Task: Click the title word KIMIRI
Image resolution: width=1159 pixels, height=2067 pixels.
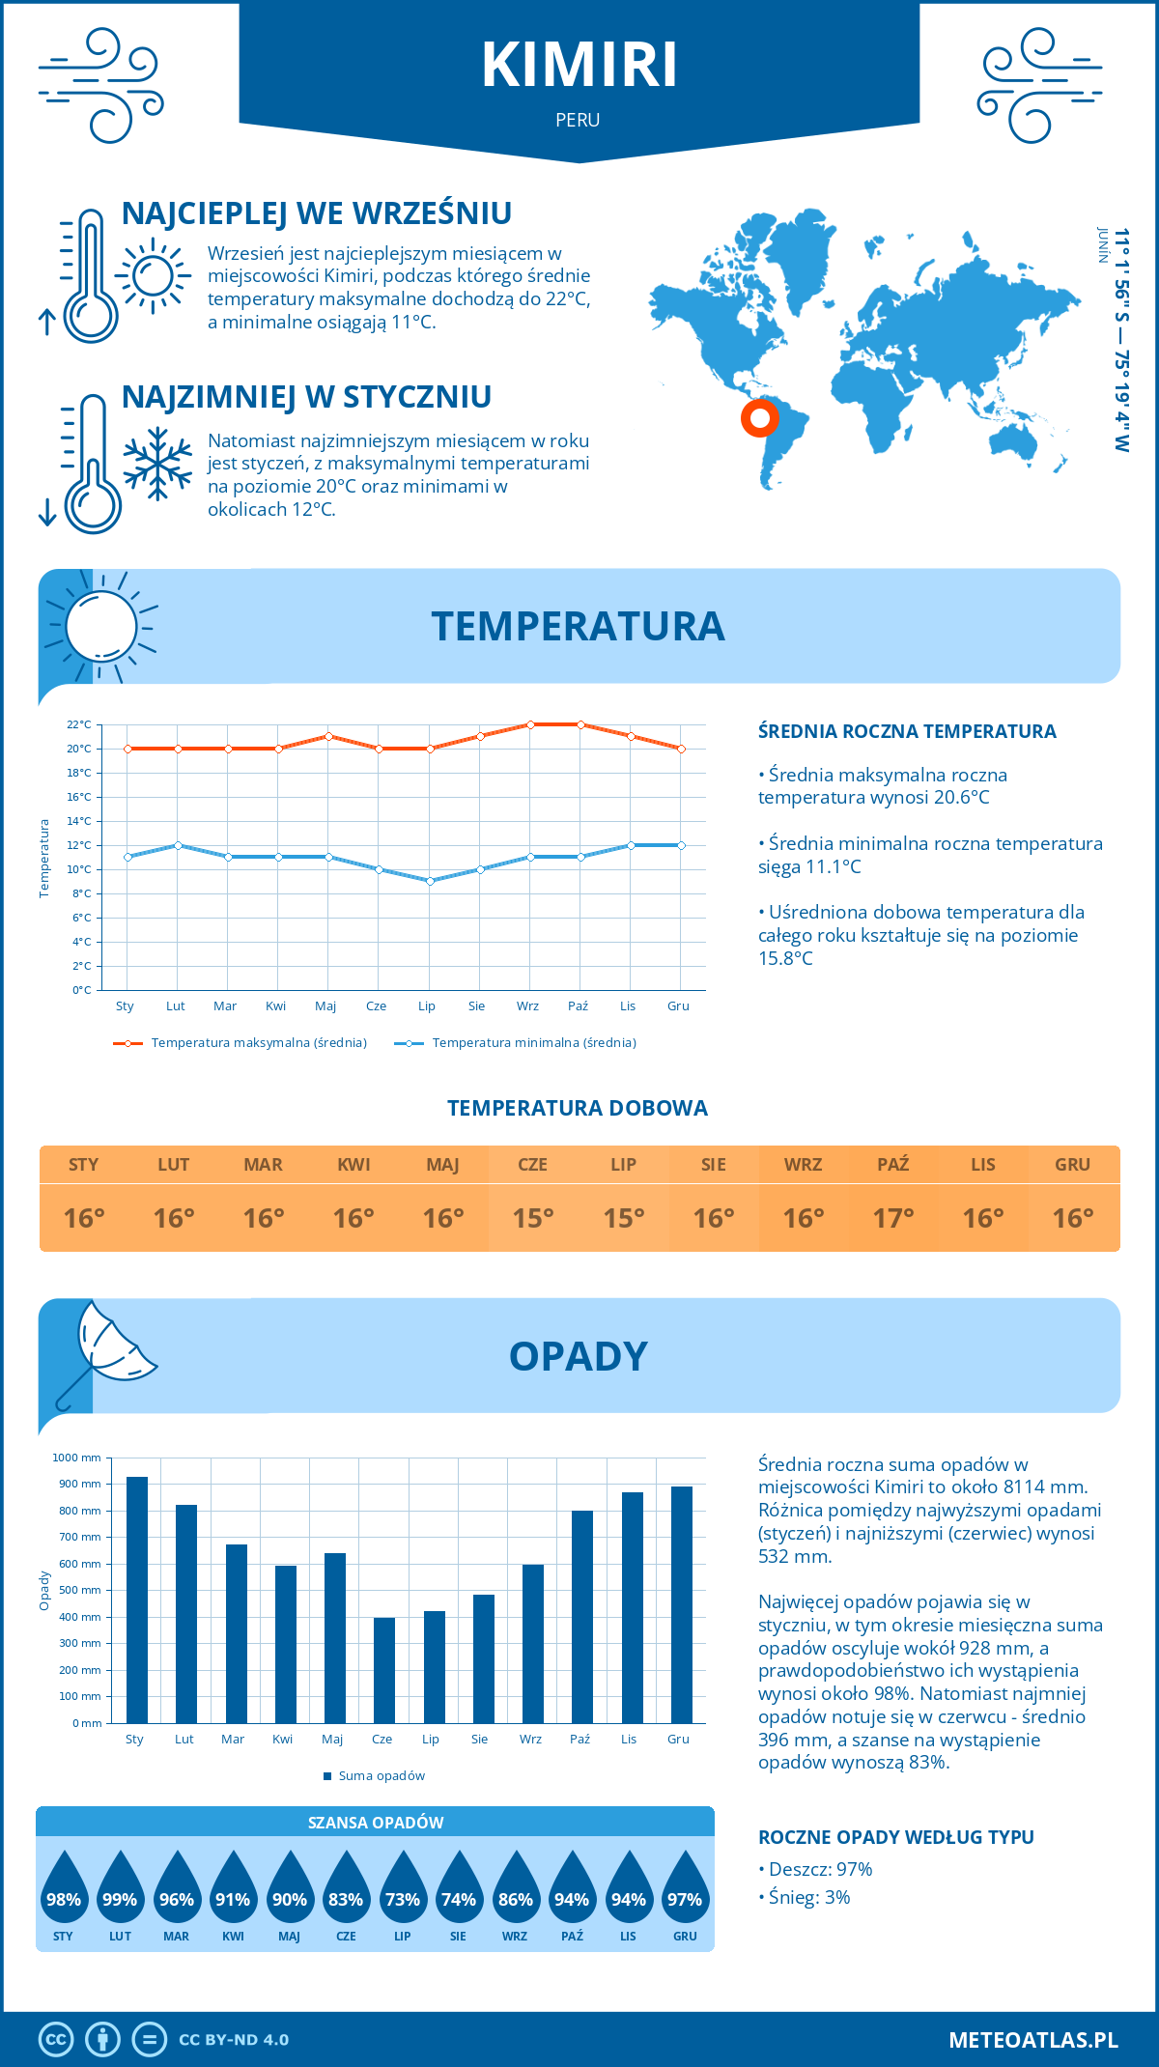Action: pos(579,66)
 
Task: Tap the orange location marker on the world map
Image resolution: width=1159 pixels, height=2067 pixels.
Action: pos(760,418)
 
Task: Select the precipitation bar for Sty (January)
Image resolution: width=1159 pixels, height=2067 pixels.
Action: pos(137,1600)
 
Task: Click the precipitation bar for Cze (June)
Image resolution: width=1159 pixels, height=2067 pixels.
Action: pos(384,1670)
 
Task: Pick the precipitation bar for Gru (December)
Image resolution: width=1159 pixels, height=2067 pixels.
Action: pos(681,1604)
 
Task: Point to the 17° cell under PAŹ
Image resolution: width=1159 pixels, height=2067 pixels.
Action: pos(893,1218)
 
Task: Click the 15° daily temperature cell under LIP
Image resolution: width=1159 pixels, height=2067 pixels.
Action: pos(623,1218)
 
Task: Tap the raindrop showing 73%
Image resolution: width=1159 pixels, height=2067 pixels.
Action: pos(402,1898)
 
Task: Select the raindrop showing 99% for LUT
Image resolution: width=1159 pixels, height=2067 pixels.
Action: pos(120,1898)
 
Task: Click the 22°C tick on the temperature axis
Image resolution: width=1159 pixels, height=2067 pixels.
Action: pos(79,724)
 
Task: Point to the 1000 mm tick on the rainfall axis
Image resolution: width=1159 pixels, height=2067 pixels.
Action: pos(77,1458)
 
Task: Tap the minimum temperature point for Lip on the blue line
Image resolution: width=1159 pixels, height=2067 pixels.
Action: pos(430,881)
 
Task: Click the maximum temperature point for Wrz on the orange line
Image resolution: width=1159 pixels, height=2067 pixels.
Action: pos(530,724)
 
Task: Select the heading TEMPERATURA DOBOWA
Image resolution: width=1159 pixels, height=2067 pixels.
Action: pos(578,1108)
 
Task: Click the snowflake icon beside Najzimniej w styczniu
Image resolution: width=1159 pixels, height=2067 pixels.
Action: pos(157,464)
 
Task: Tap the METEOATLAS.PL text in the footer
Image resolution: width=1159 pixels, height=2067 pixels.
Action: pos(1032,2039)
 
